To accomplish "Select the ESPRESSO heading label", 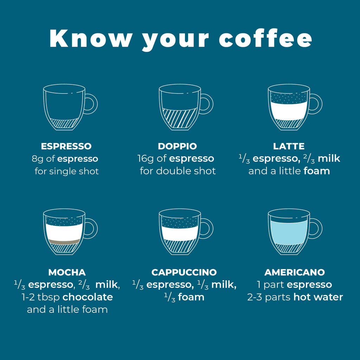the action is click(x=66, y=146).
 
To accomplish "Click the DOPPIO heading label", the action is click(x=177, y=146).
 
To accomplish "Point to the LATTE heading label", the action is click(x=289, y=146).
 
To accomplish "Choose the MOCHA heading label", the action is click(x=67, y=272).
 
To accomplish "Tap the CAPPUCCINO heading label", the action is click(x=184, y=272).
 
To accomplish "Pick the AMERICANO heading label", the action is click(x=295, y=272).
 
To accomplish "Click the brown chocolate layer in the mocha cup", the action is click(x=64, y=242).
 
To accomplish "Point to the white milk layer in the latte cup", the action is click(x=289, y=111).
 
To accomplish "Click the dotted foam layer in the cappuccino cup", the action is click(x=180, y=222).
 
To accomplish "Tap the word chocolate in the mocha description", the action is click(x=88, y=297).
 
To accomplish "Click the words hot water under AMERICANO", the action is click(x=318, y=297).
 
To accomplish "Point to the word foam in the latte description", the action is click(x=317, y=171).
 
